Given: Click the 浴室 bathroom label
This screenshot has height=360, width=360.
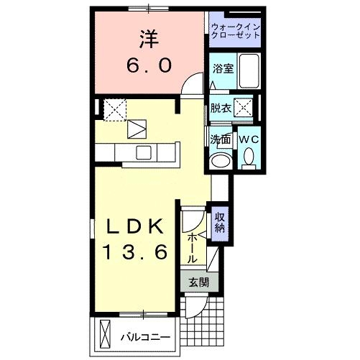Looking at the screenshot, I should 222,69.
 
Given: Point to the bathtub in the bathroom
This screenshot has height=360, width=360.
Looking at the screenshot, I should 248,71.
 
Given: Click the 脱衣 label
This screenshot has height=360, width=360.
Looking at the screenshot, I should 221,109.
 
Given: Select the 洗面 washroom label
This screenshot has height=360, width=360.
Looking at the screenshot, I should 220,139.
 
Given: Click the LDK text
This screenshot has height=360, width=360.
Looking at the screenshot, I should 136,227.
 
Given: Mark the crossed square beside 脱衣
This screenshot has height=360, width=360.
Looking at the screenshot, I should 244,109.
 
